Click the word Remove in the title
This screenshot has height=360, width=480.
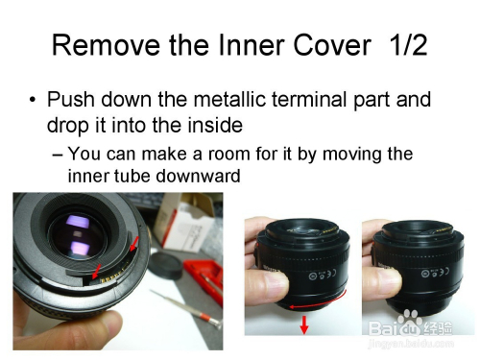(106, 45)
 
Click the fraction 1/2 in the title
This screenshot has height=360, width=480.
(408, 45)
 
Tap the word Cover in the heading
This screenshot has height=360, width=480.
(332, 45)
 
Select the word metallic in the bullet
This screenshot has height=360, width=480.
(230, 99)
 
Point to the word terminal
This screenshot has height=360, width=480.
(310, 99)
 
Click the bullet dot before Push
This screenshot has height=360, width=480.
(33, 100)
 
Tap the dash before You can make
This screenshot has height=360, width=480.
(58, 155)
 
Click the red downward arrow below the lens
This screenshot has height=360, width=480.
(304, 324)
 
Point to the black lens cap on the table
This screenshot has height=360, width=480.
(166, 265)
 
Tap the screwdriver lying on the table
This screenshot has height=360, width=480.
(186, 309)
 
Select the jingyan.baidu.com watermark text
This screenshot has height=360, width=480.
(411, 344)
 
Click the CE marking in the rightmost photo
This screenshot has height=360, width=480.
(444, 272)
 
